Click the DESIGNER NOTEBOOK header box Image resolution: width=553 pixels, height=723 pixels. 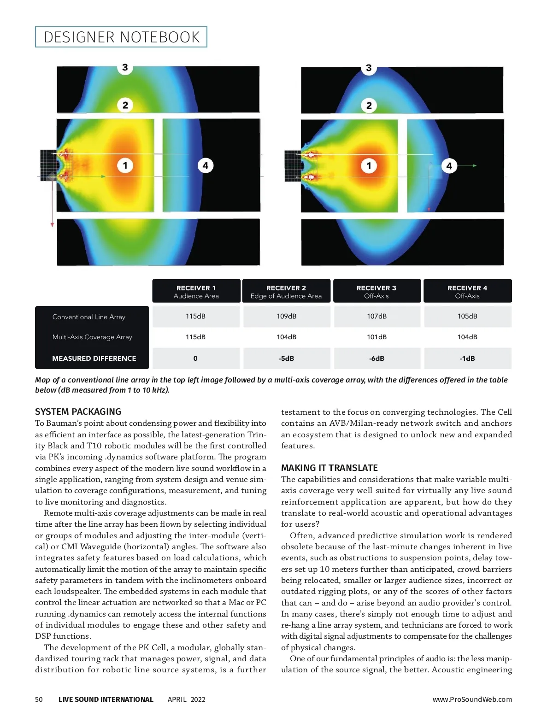point(121,37)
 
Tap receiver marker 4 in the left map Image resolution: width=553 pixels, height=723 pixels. point(206,165)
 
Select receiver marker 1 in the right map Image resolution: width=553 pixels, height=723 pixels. point(369,166)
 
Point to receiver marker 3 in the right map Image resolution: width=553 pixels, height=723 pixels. point(369,68)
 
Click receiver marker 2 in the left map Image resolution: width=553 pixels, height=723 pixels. point(125,105)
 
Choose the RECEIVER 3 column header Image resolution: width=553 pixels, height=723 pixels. point(377,291)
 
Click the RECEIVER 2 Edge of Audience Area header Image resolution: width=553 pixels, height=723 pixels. point(286,291)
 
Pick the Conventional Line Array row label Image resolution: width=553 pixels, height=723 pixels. point(89,317)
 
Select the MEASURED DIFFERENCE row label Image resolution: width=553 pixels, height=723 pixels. point(94,359)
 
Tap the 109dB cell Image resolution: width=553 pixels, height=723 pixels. point(287,317)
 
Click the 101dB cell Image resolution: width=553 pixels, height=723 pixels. point(377,337)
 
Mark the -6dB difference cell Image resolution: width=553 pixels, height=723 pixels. point(377,359)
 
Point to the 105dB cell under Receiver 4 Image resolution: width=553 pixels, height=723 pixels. point(467,317)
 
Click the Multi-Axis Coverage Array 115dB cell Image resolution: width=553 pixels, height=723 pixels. point(195,337)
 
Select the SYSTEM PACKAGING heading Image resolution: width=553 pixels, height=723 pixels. point(78,412)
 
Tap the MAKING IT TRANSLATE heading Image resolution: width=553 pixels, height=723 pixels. point(329,468)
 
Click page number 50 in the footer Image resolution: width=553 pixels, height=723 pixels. point(39,699)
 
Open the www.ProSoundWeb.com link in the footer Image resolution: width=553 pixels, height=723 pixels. point(472,699)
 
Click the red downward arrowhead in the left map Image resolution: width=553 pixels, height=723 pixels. point(52,224)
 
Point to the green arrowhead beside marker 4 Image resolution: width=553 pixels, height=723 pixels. point(475,165)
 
